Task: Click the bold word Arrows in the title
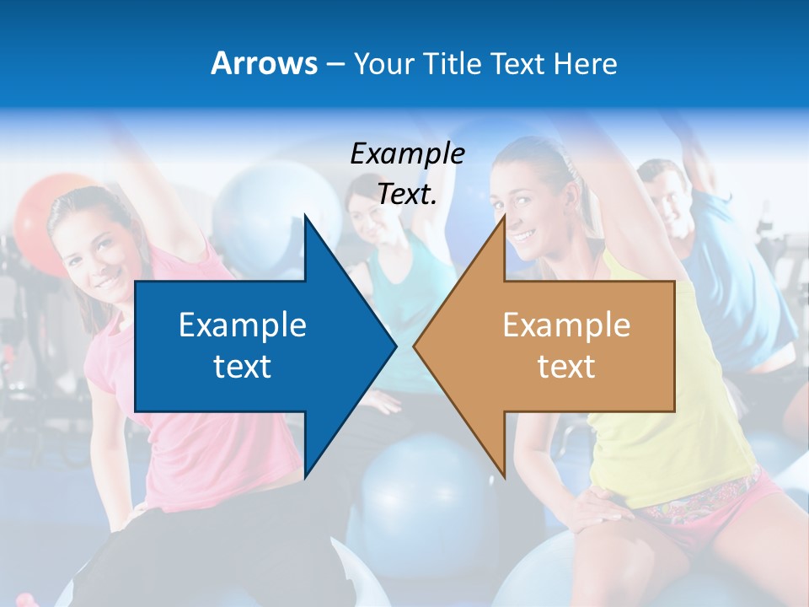[264, 63]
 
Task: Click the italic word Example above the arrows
[407, 153]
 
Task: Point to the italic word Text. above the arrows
[407, 195]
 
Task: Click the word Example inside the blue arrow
[243, 325]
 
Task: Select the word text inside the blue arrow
[243, 366]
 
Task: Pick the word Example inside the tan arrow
[566, 325]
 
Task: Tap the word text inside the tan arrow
[566, 366]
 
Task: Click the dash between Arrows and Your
[335, 64]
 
